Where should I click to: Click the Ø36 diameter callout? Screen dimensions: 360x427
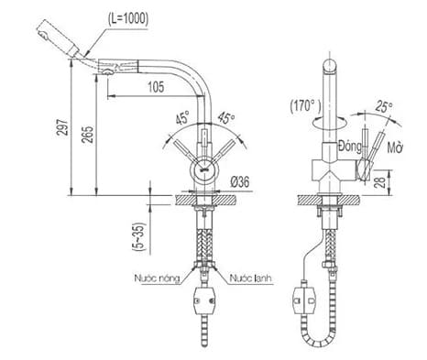(x=242, y=181)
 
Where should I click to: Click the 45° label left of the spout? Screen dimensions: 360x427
(x=182, y=117)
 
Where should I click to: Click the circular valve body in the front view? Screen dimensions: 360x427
(x=203, y=169)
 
